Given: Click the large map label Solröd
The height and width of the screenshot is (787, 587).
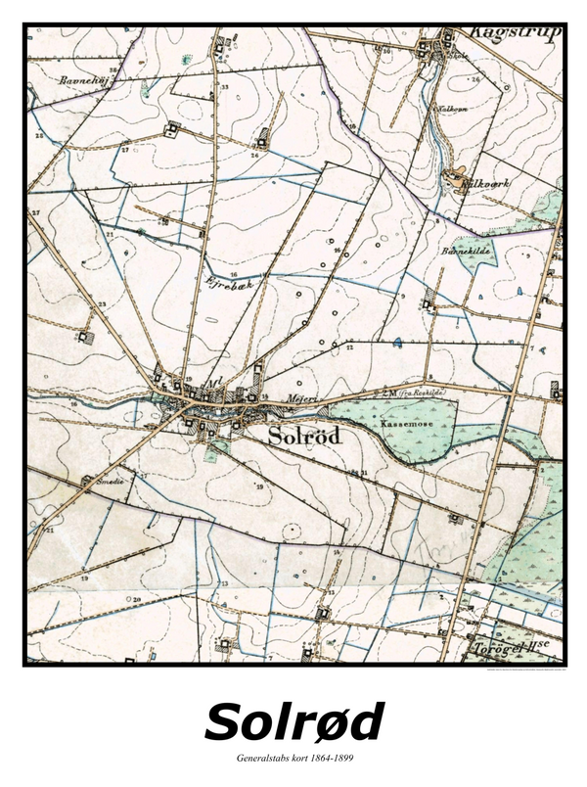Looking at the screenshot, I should pyautogui.click(x=304, y=437).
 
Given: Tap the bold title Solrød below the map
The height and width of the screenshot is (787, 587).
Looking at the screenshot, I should pyautogui.click(x=293, y=722).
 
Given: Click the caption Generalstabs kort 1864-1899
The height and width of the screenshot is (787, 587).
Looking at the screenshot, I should pyautogui.click(x=293, y=760).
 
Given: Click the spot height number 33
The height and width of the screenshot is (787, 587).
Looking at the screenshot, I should pyautogui.click(x=224, y=88).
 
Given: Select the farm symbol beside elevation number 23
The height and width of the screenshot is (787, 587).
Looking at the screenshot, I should pyautogui.click(x=85, y=336).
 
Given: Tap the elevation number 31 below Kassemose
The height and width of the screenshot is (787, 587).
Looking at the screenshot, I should pyautogui.click(x=363, y=473).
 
